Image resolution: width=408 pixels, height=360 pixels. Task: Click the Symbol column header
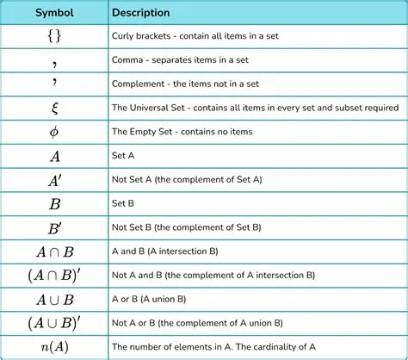54,14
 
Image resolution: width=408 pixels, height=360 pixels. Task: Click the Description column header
140,14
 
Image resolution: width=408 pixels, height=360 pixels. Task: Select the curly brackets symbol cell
54,38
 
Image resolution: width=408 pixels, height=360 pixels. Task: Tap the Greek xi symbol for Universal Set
54,109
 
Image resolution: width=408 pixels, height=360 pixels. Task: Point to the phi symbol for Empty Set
54,133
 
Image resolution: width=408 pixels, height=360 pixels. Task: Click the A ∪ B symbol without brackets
54,301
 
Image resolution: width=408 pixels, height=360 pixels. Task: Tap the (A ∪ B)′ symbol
54,325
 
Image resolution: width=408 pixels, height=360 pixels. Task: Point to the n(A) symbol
54,348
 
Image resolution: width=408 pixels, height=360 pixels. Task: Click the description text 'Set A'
123,158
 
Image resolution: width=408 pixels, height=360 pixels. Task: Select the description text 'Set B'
123,206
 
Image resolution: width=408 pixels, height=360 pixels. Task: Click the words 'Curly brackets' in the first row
141,38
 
